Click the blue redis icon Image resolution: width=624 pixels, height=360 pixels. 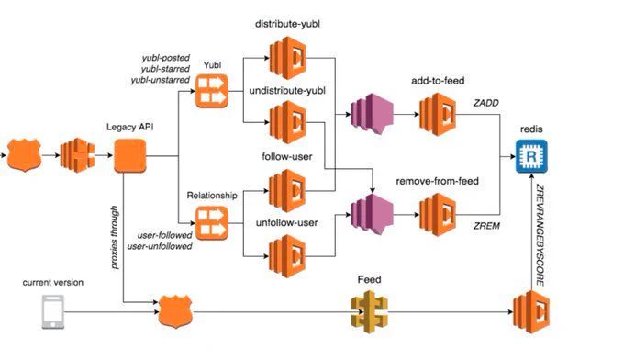531,156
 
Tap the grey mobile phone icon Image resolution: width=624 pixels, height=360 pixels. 53,312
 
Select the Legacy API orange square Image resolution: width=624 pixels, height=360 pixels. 130,156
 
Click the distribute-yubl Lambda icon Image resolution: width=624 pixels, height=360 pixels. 288,58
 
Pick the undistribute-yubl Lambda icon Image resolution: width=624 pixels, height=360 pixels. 288,122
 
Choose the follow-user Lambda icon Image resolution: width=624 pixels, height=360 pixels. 287,191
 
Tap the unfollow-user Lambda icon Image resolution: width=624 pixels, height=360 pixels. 287,256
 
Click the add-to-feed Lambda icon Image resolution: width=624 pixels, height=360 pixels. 438,114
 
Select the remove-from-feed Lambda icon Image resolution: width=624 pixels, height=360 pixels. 438,215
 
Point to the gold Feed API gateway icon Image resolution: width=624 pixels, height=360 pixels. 369,312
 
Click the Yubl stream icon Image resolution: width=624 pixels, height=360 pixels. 212,91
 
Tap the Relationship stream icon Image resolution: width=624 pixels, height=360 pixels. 212,223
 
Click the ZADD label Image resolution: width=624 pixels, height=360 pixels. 486,103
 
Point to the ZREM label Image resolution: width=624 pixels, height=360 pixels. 486,226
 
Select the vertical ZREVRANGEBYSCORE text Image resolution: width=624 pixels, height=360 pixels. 540,235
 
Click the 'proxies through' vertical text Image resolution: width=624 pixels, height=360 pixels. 115,237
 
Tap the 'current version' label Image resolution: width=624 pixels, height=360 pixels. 53,282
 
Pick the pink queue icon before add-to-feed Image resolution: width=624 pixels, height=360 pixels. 372,114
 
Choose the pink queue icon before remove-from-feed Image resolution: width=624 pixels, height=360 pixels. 372,215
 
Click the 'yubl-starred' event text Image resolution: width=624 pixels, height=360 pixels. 165,69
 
